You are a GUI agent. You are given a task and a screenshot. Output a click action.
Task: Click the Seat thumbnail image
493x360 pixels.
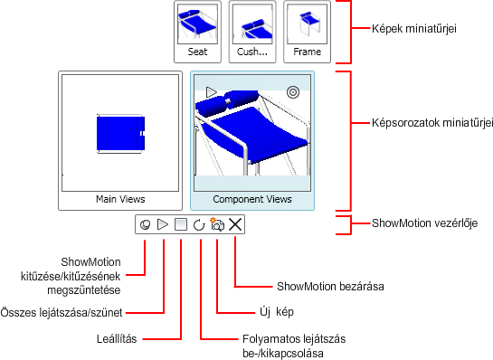pyautogui.click(x=197, y=24)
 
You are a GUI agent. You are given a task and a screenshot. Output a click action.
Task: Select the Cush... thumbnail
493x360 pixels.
pyautogui.click(x=252, y=24)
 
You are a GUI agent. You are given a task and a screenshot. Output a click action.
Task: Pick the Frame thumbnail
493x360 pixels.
pyautogui.click(x=307, y=24)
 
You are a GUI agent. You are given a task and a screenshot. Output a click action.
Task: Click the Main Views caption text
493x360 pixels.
pyautogui.click(x=120, y=199)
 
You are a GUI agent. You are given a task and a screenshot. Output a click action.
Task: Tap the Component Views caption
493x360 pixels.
pyautogui.click(x=252, y=199)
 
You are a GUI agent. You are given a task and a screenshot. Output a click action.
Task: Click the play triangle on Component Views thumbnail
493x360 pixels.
pyautogui.click(x=212, y=92)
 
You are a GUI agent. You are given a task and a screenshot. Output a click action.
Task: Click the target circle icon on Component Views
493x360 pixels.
pyautogui.click(x=293, y=92)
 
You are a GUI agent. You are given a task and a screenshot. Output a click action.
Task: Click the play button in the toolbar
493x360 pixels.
pyautogui.click(x=163, y=224)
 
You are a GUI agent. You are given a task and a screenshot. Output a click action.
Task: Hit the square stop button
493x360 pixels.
pyautogui.click(x=181, y=224)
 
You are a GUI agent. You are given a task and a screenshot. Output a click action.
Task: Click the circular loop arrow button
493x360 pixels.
pyautogui.click(x=199, y=225)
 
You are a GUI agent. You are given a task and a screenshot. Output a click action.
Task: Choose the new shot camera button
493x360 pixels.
pyautogui.click(x=217, y=224)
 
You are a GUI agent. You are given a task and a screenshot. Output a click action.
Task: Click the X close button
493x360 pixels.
pyautogui.click(x=235, y=224)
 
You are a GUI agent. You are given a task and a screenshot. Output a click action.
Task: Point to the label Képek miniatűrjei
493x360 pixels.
pyautogui.click(x=413, y=29)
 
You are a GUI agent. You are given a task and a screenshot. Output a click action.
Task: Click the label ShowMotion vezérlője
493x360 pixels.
pyautogui.click(x=424, y=223)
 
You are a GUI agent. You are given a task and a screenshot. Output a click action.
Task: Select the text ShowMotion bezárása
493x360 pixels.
pyautogui.click(x=330, y=287)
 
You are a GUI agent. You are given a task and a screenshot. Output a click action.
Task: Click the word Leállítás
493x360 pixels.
pyautogui.click(x=117, y=339)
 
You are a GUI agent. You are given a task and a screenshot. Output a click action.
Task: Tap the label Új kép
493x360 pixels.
pyautogui.click(x=277, y=312)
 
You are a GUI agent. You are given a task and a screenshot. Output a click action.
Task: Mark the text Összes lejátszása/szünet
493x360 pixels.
pyautogui.click(x=62, y=313)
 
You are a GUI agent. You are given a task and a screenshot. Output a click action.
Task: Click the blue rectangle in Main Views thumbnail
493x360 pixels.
pyautogui.click(x=120, y=133)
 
